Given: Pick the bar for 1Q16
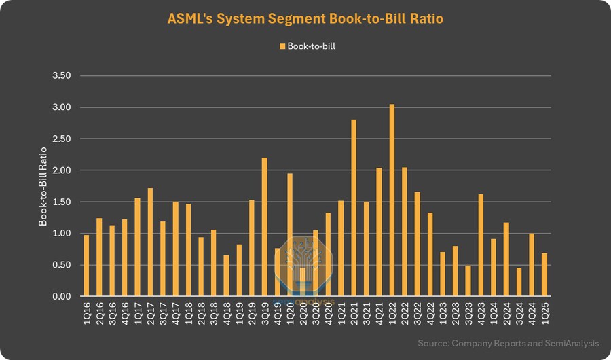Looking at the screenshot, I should pos(86,266).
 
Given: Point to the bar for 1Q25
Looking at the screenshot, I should pos(544,274).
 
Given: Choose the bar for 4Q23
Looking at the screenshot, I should pos(481,245).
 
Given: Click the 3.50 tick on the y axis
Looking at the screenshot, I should pos(62,76).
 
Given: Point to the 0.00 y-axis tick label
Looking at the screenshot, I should pos(62,297).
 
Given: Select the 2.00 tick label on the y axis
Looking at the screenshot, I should pos(62,170).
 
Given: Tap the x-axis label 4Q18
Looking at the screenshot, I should pos(226,314).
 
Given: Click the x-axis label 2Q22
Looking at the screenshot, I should pos(405,314).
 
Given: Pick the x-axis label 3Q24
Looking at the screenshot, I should pos(519,314).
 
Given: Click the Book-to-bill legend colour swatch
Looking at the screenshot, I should pos(282,46).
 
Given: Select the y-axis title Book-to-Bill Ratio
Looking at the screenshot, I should pos(43,186).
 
